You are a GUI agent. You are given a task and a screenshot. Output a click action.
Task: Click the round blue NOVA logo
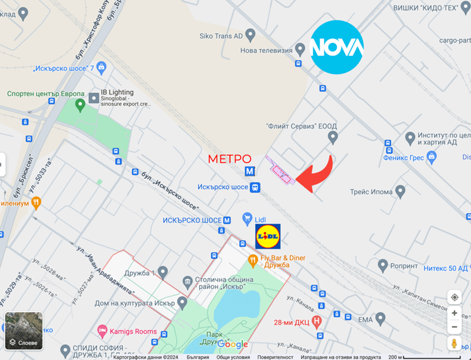point(337,46)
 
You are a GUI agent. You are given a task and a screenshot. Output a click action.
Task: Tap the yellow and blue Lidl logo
point(268,236)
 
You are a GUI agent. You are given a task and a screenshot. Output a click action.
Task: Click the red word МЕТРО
point(230,159)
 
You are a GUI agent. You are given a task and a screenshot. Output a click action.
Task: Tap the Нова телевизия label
point(266,50)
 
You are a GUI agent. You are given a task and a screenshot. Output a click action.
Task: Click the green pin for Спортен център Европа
point(81,105)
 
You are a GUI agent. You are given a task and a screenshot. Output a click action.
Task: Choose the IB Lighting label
point(117,92)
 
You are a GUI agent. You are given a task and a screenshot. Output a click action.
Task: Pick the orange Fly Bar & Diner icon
point(253,259)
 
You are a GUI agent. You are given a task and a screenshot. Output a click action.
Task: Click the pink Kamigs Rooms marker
point(102,332)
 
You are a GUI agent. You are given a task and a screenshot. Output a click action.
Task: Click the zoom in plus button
point(455,313)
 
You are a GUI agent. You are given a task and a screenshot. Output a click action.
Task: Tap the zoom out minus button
point(455,327)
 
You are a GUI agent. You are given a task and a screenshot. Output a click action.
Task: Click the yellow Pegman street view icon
point(455,344)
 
